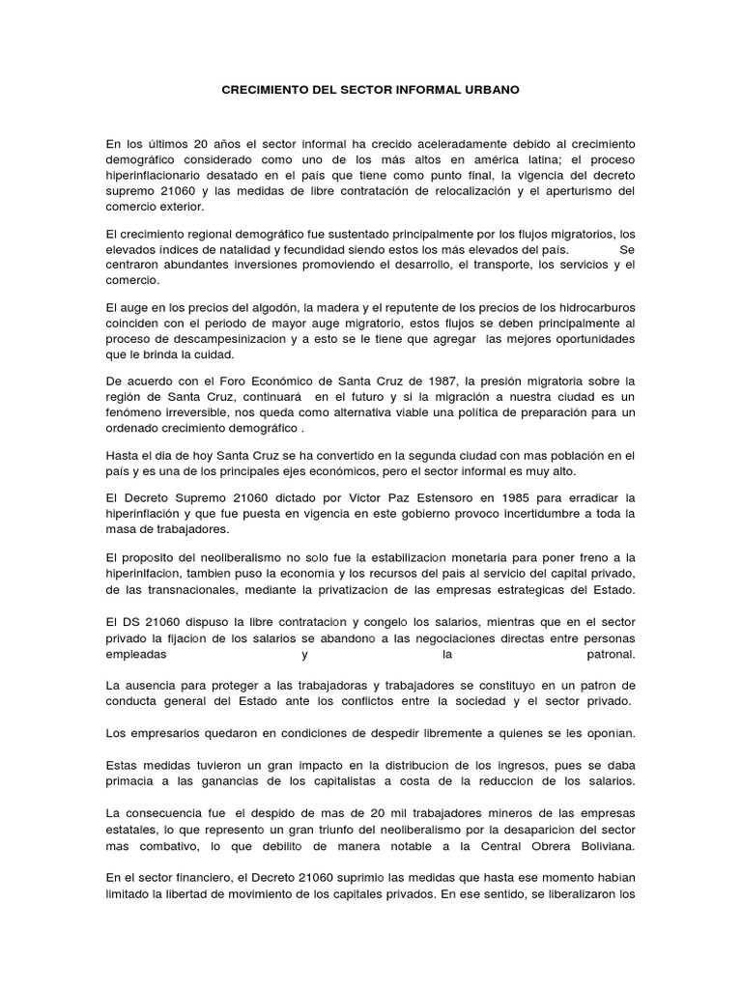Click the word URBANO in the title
coord(492,89)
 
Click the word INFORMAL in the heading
coord(423,89)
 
